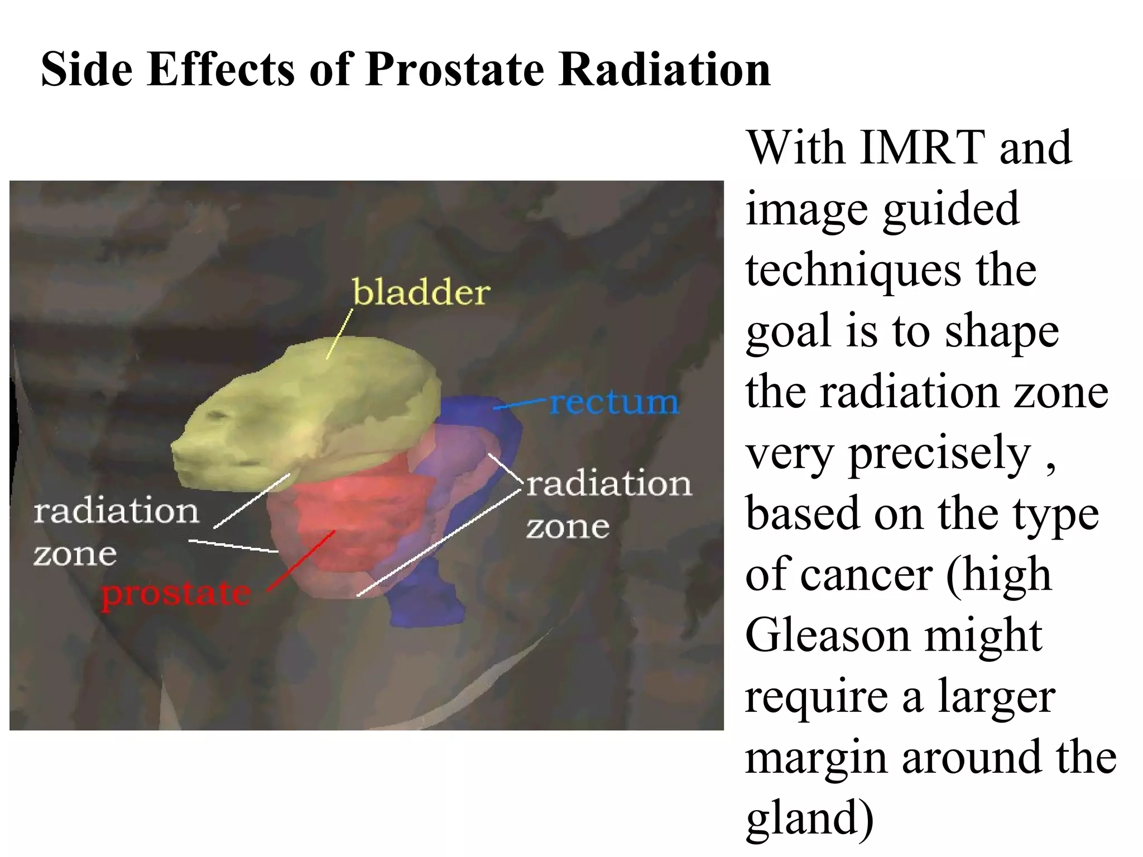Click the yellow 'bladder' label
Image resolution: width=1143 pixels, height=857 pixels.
421,292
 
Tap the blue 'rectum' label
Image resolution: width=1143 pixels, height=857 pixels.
614,403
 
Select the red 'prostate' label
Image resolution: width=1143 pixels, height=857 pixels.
176,594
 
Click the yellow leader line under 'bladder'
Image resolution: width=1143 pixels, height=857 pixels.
339,335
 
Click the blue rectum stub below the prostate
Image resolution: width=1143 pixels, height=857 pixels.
427,603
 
